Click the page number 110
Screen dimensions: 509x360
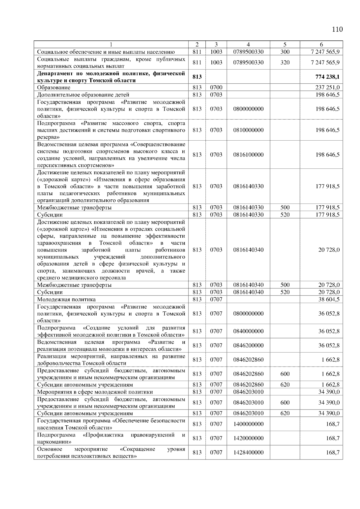point(337,29)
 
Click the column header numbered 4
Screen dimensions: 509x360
point(248,44)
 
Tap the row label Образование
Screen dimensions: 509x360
point(54,88)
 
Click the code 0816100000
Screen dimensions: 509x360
point(248,155)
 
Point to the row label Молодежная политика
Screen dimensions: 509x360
point(66,299)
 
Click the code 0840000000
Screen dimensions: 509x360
point(248,331)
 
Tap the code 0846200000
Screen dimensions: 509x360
point(248,345)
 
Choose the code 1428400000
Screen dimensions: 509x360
point(248,452)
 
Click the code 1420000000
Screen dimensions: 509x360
point(248,438)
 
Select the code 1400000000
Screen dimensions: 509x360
point(248,424)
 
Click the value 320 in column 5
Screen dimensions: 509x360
point(285,62)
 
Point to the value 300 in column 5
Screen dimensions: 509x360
point(285,52)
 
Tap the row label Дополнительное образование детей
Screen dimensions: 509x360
point(83,95)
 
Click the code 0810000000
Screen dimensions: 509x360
point(248,130)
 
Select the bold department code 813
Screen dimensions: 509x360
point(197,77)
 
